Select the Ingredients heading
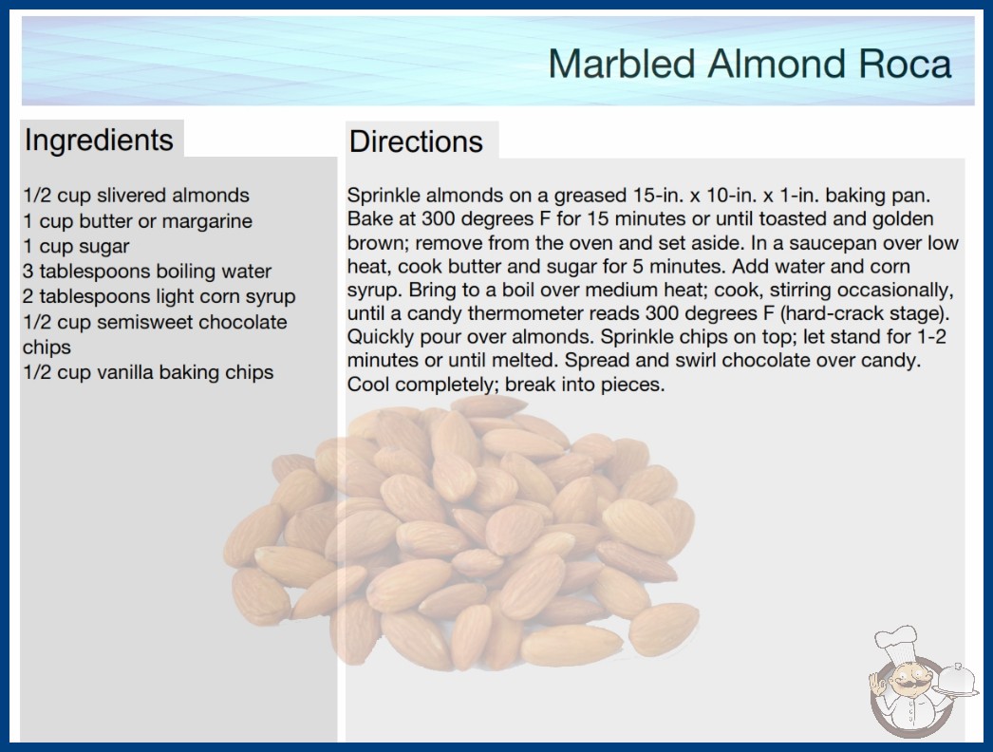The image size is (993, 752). (x=99, y=140)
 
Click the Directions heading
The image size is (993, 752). (x=416, y=141)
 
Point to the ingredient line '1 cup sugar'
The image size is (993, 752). (x=76, y=247)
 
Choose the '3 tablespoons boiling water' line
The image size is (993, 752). (x=147, y=272)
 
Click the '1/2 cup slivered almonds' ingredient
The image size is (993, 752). (x=136, y=196)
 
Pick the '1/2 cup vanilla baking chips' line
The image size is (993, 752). (x=148, y=372)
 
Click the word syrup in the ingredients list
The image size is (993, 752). (x=270, y=297)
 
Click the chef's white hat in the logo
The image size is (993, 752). (x=896, y=642)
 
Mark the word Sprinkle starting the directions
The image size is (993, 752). (x=384, y=196)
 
